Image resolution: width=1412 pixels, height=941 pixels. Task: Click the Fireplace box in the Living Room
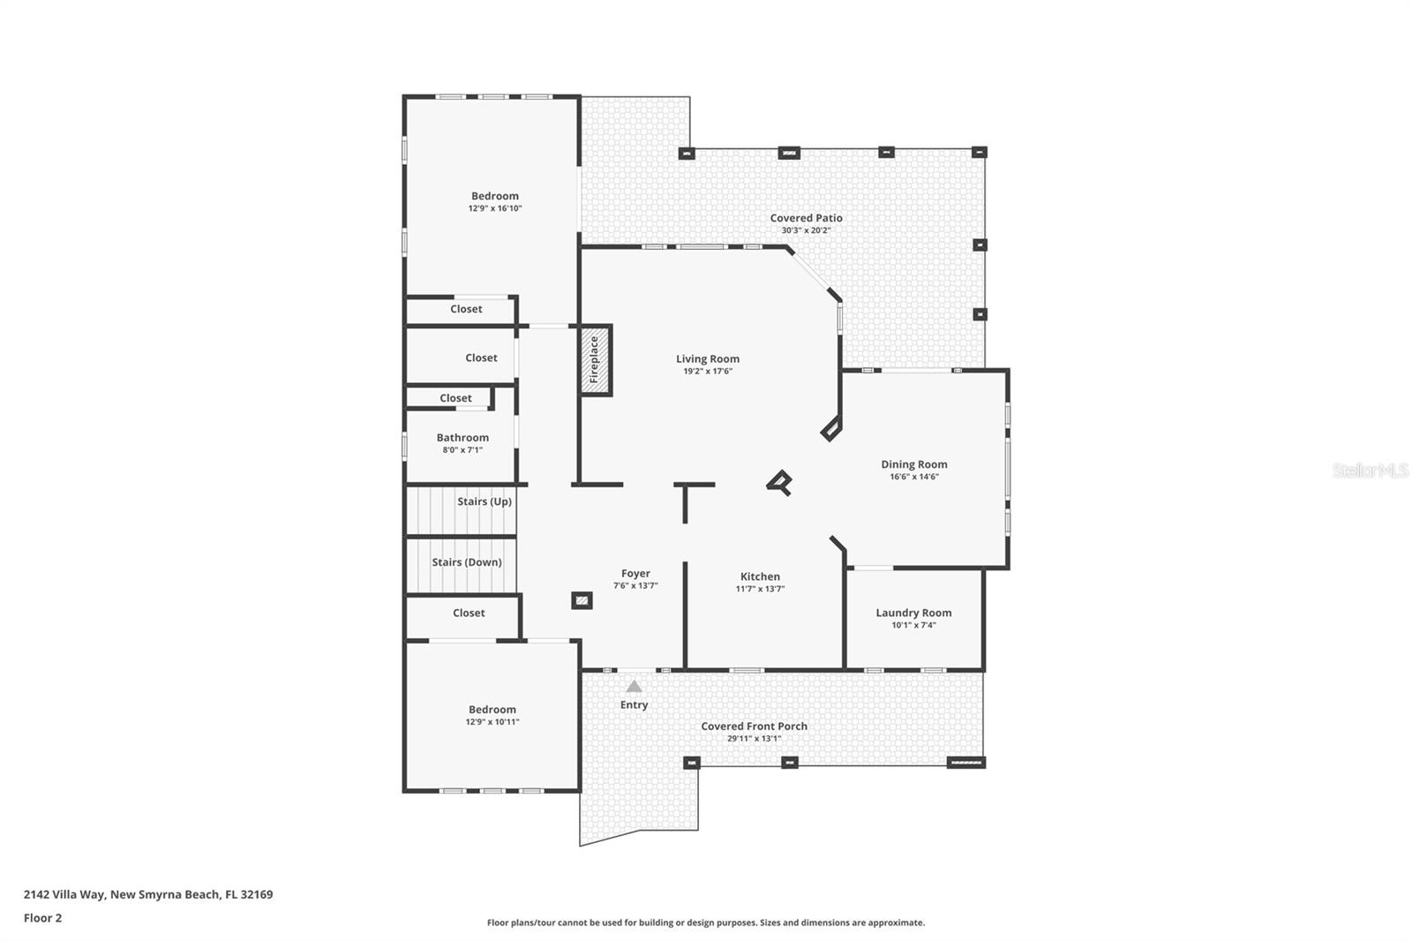[x=595, y=359]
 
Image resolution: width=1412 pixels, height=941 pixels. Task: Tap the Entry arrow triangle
[x=634, y=687]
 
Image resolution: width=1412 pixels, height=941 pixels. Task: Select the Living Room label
[x=708, y=358]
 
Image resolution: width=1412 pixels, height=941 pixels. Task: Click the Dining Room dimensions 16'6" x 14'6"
[x=914, y=477]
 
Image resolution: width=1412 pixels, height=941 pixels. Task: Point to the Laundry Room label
[x=913, y=613]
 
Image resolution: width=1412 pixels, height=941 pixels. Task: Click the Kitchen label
[x=760, y=576]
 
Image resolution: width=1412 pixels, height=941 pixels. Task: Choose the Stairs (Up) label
[x=484, y=501]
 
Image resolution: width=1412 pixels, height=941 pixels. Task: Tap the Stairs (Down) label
[x=467, y=562]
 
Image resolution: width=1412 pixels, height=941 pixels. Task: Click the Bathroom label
[x=462, y=438]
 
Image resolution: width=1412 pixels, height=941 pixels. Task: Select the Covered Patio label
[x=806, y=218]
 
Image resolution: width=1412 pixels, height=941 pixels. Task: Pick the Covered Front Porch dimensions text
[x=754, y=739]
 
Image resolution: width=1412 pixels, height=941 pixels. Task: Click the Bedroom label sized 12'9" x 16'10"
[x=495, y=196]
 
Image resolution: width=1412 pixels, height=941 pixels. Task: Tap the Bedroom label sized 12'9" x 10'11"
[x=492, y=710]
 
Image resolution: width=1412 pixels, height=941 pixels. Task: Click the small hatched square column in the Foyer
[x=582, y=601]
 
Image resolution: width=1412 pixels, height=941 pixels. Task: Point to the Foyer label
[x=635, y=574]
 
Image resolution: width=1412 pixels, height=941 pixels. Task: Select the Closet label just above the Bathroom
[x=455, y=398]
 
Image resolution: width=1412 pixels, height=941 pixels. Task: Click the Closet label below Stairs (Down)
[x=469, y=613]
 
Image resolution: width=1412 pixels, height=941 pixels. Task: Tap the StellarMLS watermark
[x=1370, y=470]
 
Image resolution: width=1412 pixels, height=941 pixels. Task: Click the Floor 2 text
[x=42, y=918]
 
